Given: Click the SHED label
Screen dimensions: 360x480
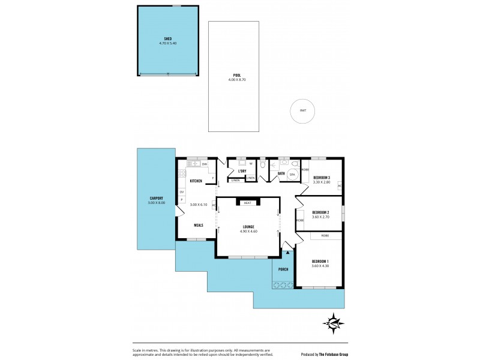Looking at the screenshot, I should tap(168, 39).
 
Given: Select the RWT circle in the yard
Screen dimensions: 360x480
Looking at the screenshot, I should tap(303, 110).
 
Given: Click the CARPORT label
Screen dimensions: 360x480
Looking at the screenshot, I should tap(156, 199).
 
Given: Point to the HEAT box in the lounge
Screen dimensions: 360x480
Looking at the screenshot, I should tap(247, 203).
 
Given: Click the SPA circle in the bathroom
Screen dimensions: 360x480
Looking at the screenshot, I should tap(293, 174).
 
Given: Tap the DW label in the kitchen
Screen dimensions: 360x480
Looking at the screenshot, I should tap(205, 164).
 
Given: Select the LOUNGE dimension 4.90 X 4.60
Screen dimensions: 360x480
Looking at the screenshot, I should tap(248, 231).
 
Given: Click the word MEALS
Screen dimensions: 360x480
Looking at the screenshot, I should tap(199, 225).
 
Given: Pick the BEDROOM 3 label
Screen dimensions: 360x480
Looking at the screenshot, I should tap(323, 177).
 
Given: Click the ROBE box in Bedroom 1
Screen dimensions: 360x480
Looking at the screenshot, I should tap(325, 236).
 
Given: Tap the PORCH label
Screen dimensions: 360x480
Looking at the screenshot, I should tap(283, 269).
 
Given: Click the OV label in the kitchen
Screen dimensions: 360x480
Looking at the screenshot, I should tap(181, 192).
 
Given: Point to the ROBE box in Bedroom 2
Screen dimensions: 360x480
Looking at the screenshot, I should tap(300, 220).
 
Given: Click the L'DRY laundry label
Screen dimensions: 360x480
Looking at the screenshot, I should tap(242, 171).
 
